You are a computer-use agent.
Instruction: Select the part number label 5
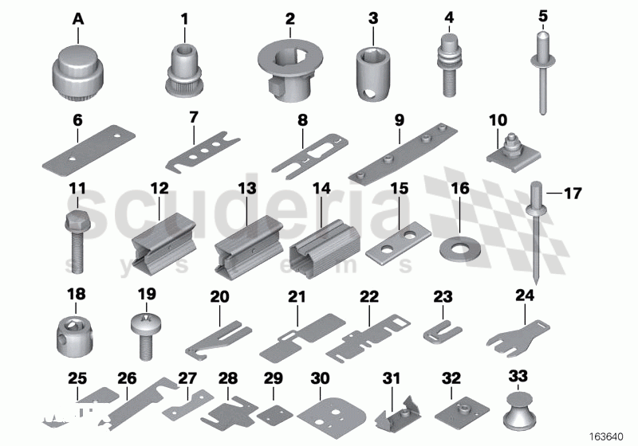click(543, 15)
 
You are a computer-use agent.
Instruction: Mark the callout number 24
click(524, 295)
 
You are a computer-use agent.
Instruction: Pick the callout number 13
click(246, 189)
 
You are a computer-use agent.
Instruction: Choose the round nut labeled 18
click(76, 329)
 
